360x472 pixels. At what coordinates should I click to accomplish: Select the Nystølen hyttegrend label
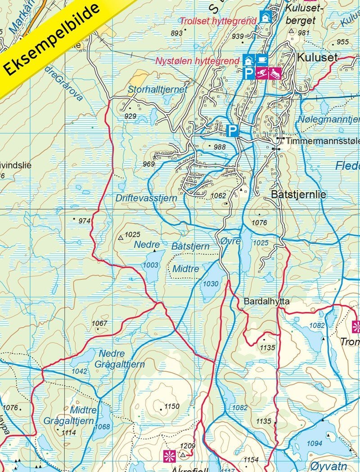(197, 61)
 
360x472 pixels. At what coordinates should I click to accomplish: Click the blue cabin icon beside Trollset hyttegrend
(265, 17)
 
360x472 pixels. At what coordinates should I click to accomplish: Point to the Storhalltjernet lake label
(157, 89)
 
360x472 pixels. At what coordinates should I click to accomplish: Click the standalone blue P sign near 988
(232, 131)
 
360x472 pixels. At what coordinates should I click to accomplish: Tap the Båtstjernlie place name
(299, 195)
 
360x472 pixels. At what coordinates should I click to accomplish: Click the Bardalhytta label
(260, 302)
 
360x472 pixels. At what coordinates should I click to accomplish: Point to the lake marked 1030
(211, 283)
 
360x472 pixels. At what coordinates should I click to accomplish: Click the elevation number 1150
(172, 406)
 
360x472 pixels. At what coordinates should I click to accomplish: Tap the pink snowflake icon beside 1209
(169, 455)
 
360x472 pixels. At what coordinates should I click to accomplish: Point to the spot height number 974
(84, 221)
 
